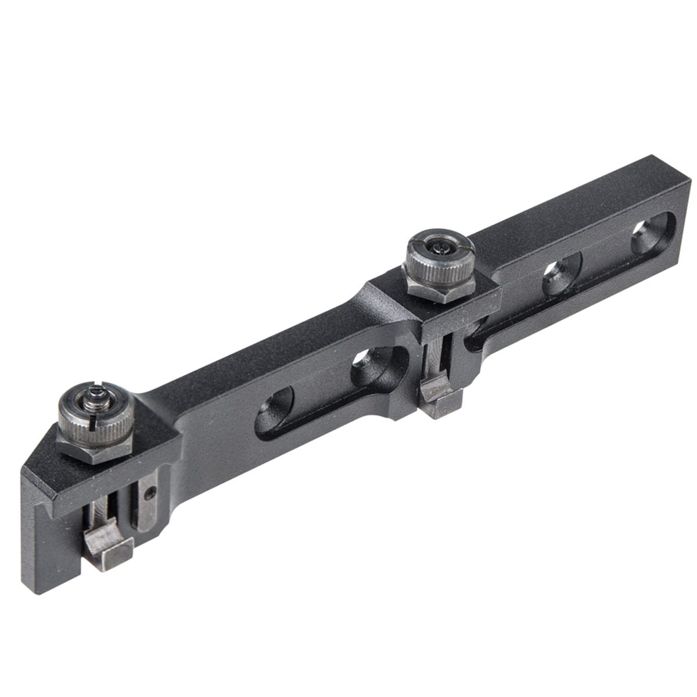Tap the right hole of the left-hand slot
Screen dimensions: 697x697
click(372, 366)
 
